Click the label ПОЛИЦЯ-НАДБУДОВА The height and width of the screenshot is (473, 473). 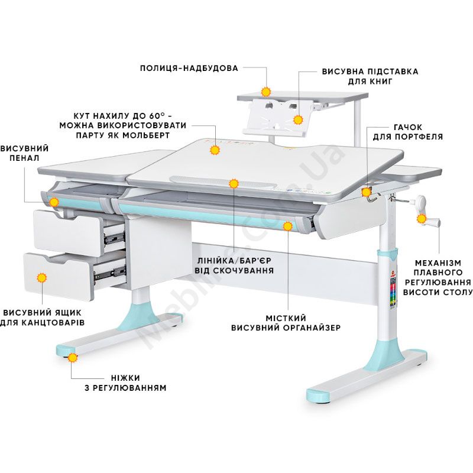189,68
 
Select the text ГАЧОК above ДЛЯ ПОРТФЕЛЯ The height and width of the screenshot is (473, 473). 408,127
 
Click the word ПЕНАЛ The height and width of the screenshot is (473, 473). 24,158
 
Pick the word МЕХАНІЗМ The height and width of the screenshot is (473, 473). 438,263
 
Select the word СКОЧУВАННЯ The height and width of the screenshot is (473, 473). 243,270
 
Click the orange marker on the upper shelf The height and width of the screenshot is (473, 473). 266,92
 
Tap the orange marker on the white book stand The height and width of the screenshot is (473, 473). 298,120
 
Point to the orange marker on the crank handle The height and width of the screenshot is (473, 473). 422,219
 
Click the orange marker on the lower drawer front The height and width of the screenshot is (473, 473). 41,278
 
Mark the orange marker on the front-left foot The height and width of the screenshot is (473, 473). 72,358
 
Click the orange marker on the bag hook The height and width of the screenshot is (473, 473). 366,192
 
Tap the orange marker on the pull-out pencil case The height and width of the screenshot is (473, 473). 54,202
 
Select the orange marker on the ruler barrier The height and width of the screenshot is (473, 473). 234,183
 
